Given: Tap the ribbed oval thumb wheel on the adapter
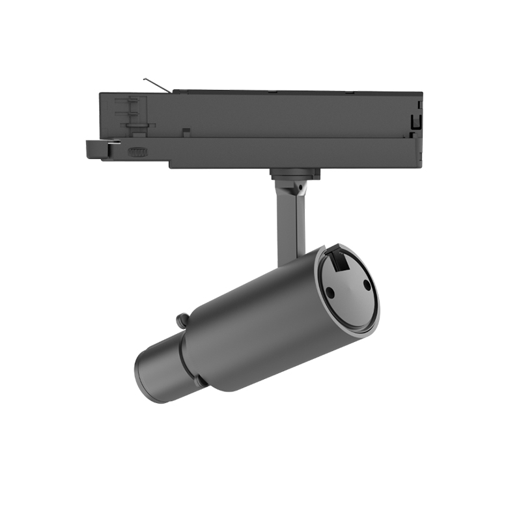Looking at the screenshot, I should (137, 152).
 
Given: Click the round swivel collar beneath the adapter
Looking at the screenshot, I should (294, 174).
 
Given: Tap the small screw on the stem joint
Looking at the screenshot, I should (300, 186).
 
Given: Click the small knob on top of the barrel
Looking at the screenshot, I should (183, 320).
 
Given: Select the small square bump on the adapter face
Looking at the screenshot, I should (186, 132).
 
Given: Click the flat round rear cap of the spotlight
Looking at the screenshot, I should (348, 287).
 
